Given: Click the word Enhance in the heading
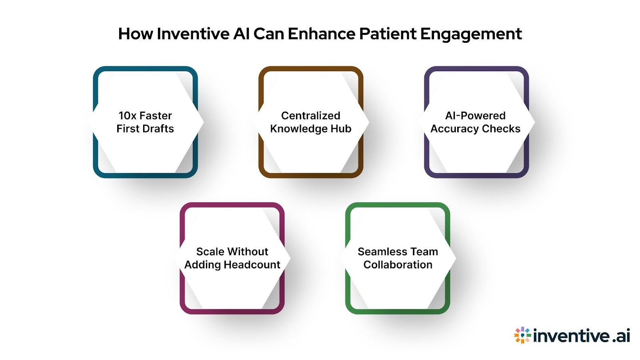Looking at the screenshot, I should (321, 34).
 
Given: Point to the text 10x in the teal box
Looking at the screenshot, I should (128, 116).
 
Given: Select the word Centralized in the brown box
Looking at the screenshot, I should (310, 116).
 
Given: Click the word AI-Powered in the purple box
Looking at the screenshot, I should (475, 116).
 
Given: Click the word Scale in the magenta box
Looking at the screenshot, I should (208, 252).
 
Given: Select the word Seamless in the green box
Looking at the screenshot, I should (378, 252).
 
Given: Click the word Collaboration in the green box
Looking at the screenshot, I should (398, 265).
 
